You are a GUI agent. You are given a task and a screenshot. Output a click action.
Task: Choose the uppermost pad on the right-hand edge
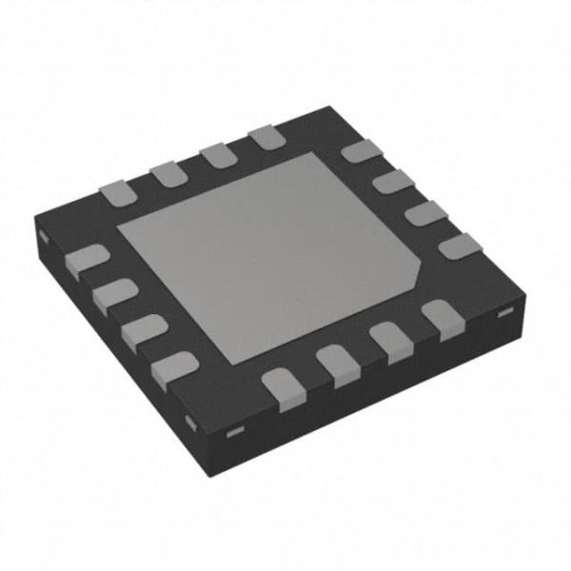pyautogui.click(x=360, y=151)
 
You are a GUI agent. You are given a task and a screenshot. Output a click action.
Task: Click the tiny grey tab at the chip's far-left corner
pyautogui.click(x=44, y=234)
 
